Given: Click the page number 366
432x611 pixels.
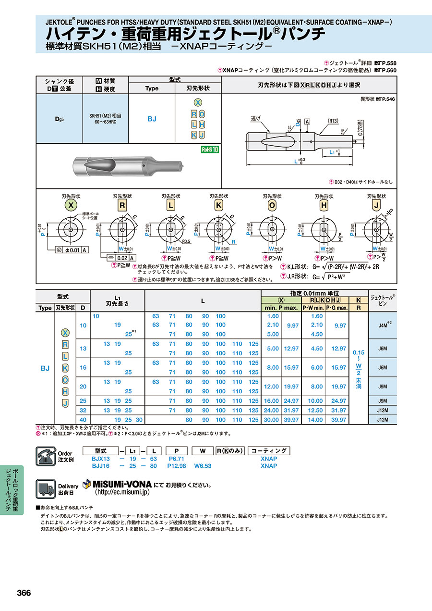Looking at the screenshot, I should (24, 593).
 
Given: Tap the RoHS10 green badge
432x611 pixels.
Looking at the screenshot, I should (210, 150).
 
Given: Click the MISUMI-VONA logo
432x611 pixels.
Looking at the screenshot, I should (117, 484).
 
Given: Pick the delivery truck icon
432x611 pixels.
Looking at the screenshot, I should (46, 489).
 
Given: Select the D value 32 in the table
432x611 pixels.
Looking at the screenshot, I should (83, 410).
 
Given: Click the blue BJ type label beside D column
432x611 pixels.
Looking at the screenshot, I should (45, 368).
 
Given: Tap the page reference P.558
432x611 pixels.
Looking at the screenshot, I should (389, 63).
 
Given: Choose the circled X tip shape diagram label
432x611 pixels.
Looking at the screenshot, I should (71, 205).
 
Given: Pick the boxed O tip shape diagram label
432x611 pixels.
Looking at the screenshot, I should (272, 205).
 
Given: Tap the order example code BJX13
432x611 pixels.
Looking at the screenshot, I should (101, 459).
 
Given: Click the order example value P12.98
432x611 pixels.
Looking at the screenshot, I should (176, 465).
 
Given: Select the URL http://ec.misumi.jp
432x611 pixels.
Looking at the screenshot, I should (122, 492).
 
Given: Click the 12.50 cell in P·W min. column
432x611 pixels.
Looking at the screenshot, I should (317, 410).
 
